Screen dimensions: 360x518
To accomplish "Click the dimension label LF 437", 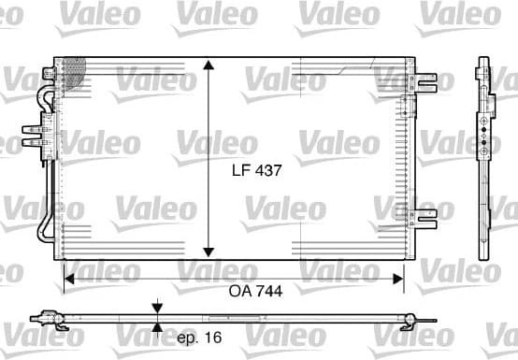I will click(x=256, y=171).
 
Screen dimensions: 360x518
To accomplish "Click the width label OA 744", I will click(x=255, y=291).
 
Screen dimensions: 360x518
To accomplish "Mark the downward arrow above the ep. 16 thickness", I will click(x=157, y=307).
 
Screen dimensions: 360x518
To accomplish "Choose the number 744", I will click(x=268, y=291).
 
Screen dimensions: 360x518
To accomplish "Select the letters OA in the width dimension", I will click(x=239, y=291).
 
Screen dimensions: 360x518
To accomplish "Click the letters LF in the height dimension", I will click(x=240, y=171).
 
